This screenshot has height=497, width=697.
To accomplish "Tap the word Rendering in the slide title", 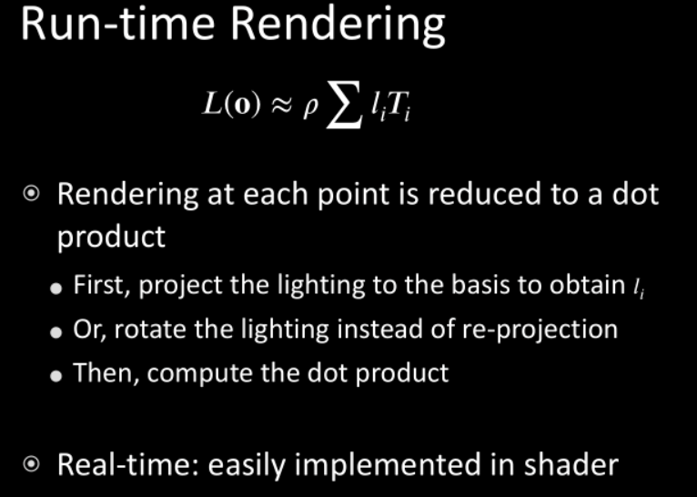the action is tap(338, 26).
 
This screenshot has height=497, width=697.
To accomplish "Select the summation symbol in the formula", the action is tap(343, 106).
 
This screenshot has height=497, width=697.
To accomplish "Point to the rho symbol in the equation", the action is tap(310, 108).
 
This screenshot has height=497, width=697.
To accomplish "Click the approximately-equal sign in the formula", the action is tap(281, 106).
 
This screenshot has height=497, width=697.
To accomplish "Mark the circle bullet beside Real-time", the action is tap(31, 465).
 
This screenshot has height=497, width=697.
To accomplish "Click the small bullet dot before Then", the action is tap(56, 376).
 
